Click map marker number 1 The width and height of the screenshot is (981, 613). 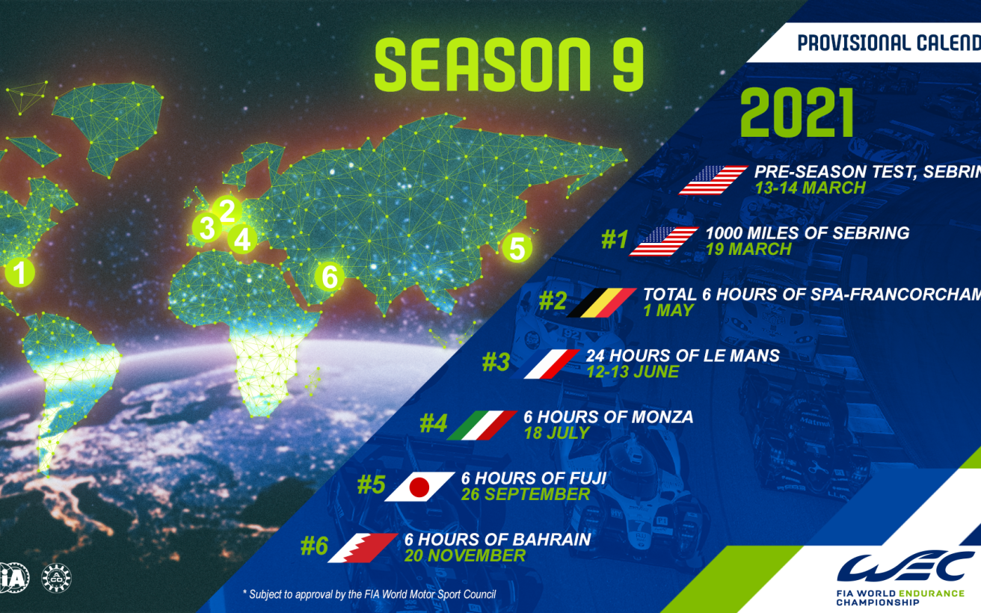(x=20, y=272)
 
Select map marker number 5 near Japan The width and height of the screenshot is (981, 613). (x=517, y=246)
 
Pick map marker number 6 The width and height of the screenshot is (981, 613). (x=329, y=277)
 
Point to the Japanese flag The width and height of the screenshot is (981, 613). (x=419, y=487)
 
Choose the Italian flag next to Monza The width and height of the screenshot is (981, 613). (x=482, y=425)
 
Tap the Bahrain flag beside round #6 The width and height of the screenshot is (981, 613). (x=362, y=548)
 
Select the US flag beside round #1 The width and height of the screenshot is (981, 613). (x=664, y=241)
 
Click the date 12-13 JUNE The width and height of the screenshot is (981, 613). (x=632, y=372)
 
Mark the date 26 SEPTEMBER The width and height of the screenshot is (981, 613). (x=526, y=494)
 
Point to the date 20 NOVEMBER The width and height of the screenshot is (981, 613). (x=465, y=555)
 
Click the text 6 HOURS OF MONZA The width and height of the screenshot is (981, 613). (x=608, y=416)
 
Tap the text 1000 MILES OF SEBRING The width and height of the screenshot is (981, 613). (x=807, y=232)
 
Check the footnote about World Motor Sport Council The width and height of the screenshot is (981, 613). (x=369, y=594)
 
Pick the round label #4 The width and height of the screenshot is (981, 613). (x=433, y=424)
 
